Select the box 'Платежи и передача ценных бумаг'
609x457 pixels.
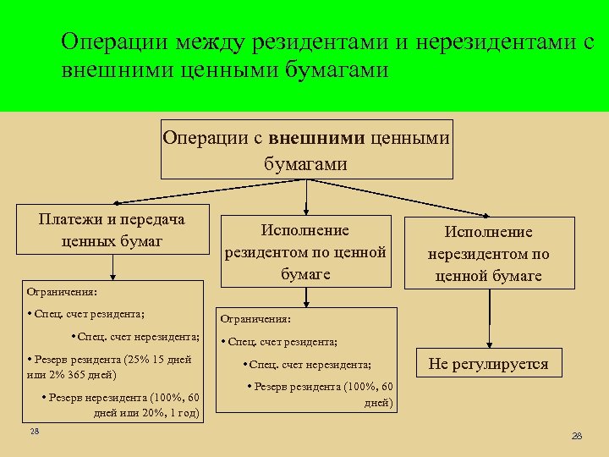(x=112, y=229)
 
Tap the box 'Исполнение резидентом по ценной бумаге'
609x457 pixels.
(x=305, y=251)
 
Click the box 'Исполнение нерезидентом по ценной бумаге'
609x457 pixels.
(x=488, y=253)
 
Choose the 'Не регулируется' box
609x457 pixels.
(x=488, y=365)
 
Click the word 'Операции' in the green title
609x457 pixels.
(x=117, y=41)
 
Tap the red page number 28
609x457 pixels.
(x=578, y=436)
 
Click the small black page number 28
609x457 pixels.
(x=34, y=432)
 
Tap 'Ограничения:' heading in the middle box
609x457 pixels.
(x=255, y=320)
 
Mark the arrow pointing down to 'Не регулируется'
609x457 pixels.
(x=488, y=321)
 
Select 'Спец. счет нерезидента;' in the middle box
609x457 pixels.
(x=310, y=365)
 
